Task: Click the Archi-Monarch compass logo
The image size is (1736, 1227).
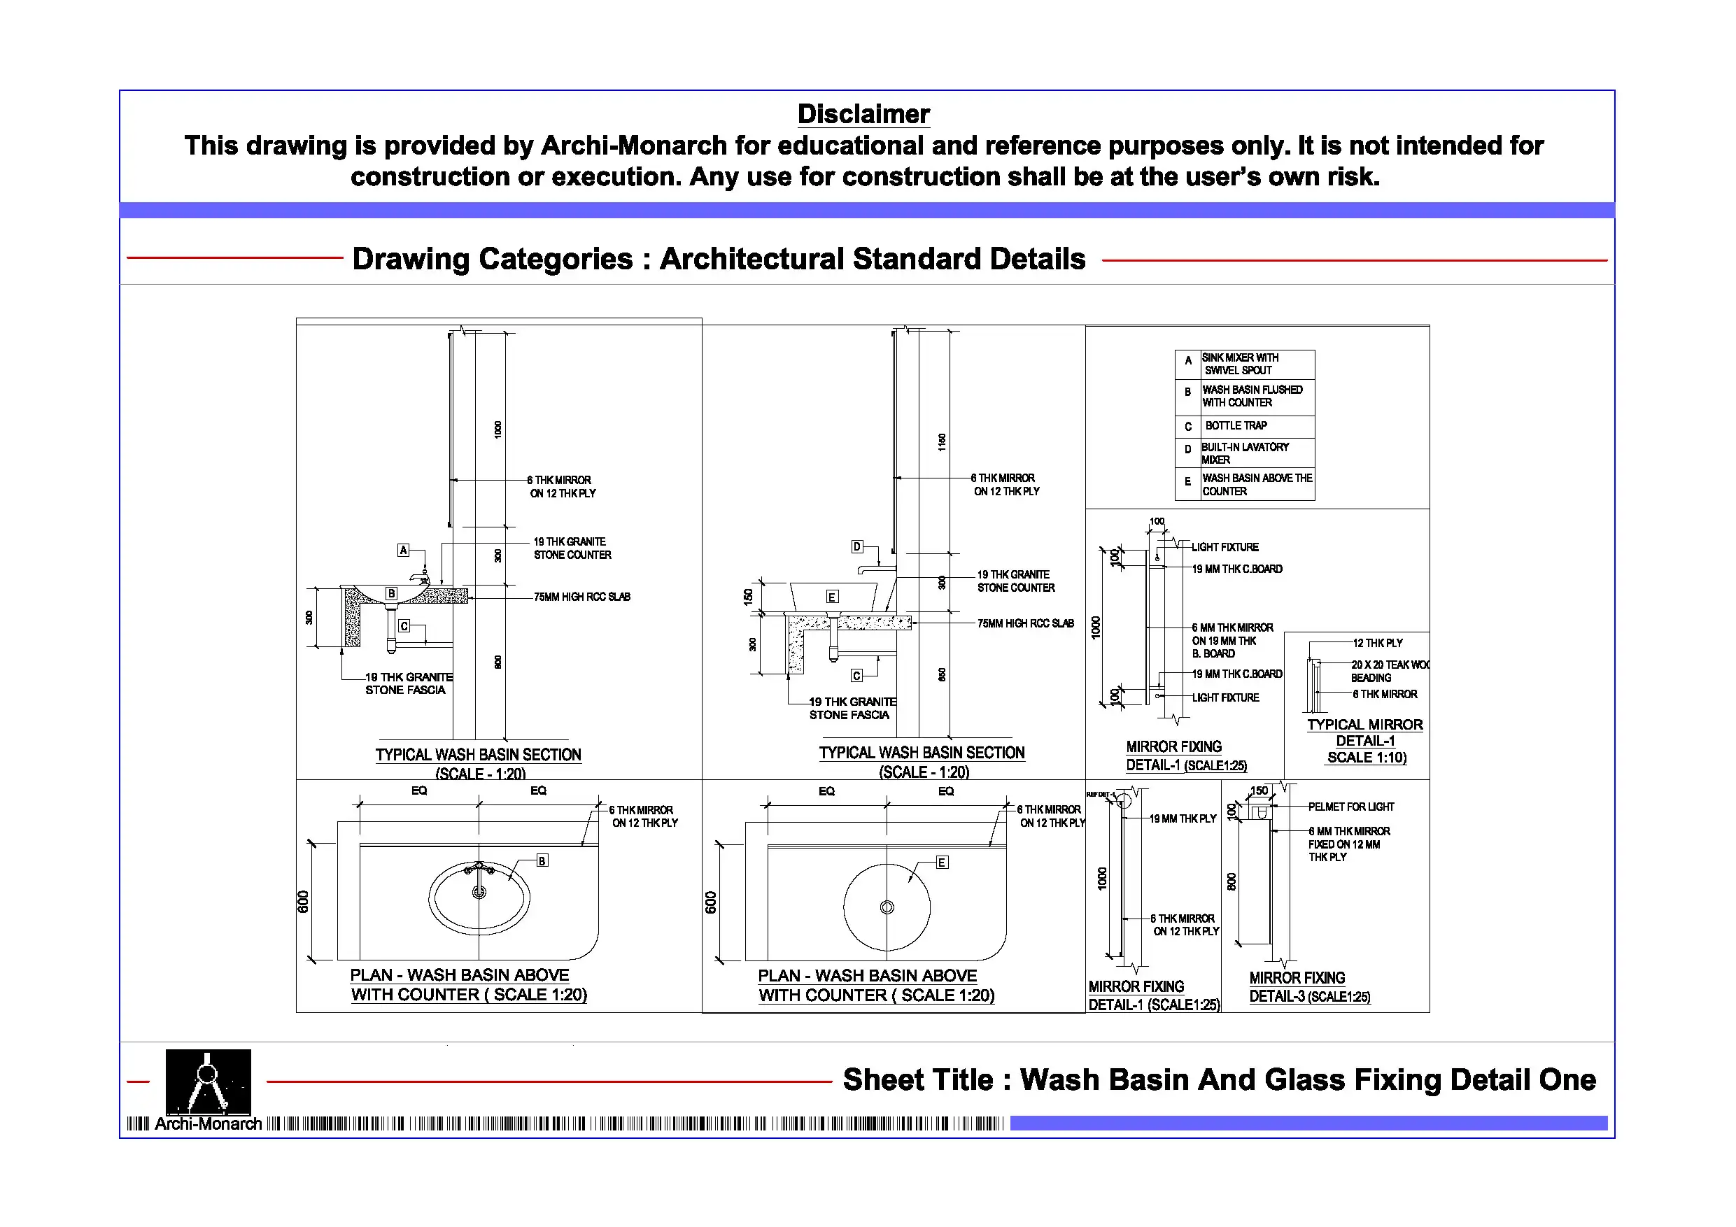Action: [x=208, y=1081]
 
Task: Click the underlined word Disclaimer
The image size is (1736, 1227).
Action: [x=863, y=114]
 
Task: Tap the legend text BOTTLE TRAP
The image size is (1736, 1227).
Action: [x=1236, y=425]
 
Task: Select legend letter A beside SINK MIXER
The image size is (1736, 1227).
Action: [x=1188, y=361]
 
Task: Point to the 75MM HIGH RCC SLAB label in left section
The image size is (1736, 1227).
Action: [x=581, y=597]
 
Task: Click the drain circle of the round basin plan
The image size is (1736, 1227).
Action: [x=887, y=907]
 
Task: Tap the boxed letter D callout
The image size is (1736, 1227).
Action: [x=856, y=546]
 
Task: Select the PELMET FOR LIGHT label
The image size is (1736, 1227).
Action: [x=1351, y=807]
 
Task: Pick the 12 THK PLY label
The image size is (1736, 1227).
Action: [x=1378, y=643]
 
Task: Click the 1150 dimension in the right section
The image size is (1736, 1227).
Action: [x=942, y=442]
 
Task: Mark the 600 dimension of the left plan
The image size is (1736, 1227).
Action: [x=303, y=902]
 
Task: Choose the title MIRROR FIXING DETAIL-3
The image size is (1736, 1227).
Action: [x=1308, y=987]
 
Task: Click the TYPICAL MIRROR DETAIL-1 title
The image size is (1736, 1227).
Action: [x=1364, y=741]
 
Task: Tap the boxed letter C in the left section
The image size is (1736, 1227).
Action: [x=404, y=626]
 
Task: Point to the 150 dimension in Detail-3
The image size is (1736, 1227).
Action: [x=1259, y=790]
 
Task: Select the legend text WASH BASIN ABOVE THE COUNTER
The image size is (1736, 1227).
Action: [x=1257, y=485]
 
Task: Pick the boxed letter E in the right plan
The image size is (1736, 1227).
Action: [x=942, y=863]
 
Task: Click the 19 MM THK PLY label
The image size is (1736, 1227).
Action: [x=1183, y=818]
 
